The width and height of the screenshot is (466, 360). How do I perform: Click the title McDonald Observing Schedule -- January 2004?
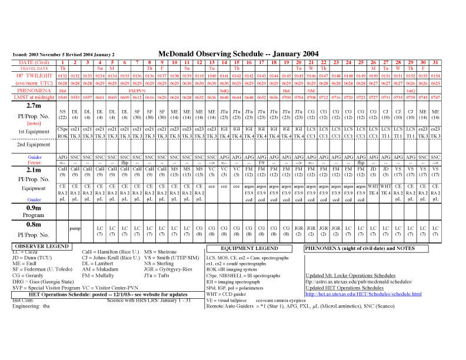[x=238, y=54]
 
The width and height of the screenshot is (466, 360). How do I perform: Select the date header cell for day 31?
[x=435, y=62]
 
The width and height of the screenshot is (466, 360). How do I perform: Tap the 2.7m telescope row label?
[x=29, y=106]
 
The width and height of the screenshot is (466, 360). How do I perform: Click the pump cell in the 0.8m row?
[x=75, y=228]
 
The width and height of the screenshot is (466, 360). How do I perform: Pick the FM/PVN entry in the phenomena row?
[x=137, y=91]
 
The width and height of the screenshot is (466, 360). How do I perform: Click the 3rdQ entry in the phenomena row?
[x=224, y=91]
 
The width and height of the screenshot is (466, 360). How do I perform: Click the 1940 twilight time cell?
[x=211, y=76]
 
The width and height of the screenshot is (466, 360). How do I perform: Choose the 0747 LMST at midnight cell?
[x=435, y=97]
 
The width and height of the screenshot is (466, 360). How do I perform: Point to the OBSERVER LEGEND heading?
[x=40, y=246]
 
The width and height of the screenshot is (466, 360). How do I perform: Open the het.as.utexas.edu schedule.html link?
[x=364, y=294]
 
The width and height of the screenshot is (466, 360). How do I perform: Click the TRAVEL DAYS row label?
[x=29, y=68]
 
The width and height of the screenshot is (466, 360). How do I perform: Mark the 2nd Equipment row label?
[x=29, y=144]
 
